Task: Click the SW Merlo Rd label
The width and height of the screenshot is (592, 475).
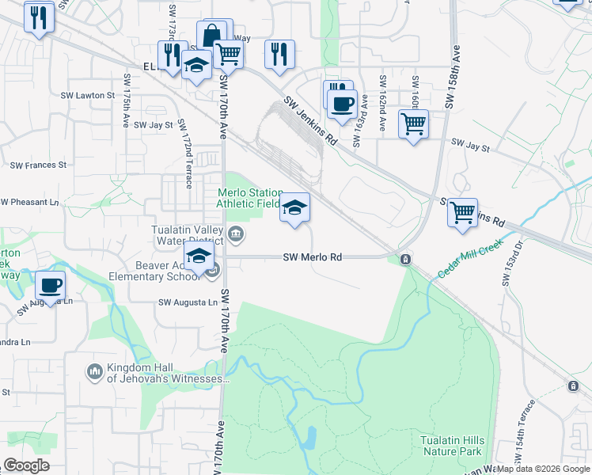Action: point(313,257)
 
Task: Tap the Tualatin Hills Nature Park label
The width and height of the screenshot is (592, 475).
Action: point(450,445)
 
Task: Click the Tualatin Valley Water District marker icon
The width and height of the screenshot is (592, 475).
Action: point(236,234)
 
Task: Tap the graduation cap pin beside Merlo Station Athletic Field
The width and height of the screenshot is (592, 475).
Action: point(294,207)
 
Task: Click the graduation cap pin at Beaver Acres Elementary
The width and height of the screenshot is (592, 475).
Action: point(199,256)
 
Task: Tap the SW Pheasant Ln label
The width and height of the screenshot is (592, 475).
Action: point(29,203)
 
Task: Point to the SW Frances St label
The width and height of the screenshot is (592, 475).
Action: point(38,165)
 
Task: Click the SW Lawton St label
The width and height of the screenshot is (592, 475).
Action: point(96,95)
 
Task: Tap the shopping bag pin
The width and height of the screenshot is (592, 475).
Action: point(211,36)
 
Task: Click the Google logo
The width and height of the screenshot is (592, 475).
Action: point(26,465)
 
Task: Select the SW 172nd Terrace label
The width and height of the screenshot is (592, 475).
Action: point(186,154)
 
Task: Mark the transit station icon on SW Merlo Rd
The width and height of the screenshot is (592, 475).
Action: point(405,259)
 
